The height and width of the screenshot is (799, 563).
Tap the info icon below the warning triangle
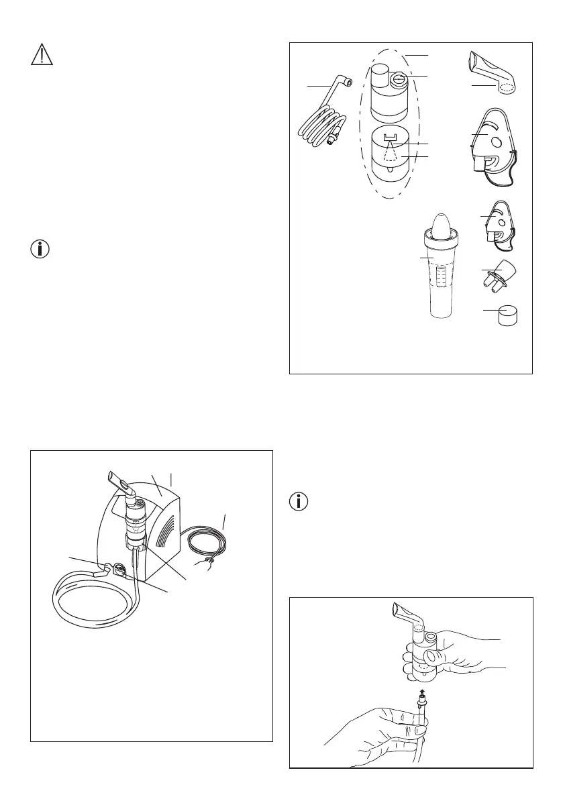[x=42, y=249]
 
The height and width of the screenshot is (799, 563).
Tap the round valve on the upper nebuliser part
[x=399, y=80]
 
